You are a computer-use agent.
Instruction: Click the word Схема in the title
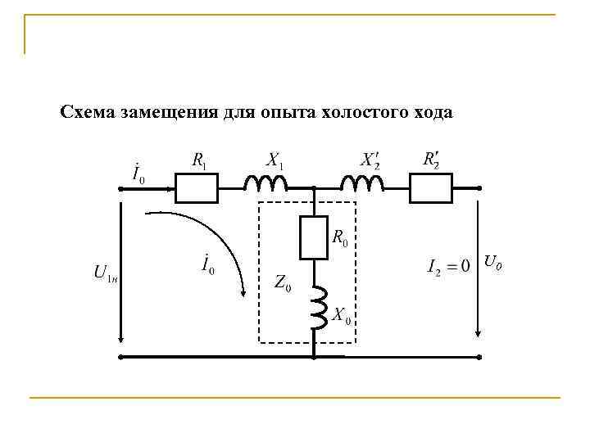86,112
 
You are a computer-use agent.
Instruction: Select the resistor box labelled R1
196,188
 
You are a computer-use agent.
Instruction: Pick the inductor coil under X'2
360,184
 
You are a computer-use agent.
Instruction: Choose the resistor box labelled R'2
430,188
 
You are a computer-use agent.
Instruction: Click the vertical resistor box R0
314,238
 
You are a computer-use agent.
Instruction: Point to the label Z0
284,284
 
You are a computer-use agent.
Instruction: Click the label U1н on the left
106,273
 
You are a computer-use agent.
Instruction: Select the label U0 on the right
492,264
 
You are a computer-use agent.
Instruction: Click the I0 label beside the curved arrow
207,266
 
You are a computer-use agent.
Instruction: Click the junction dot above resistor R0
314,188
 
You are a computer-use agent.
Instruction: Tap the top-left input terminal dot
120,188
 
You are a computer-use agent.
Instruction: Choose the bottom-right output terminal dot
479,358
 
